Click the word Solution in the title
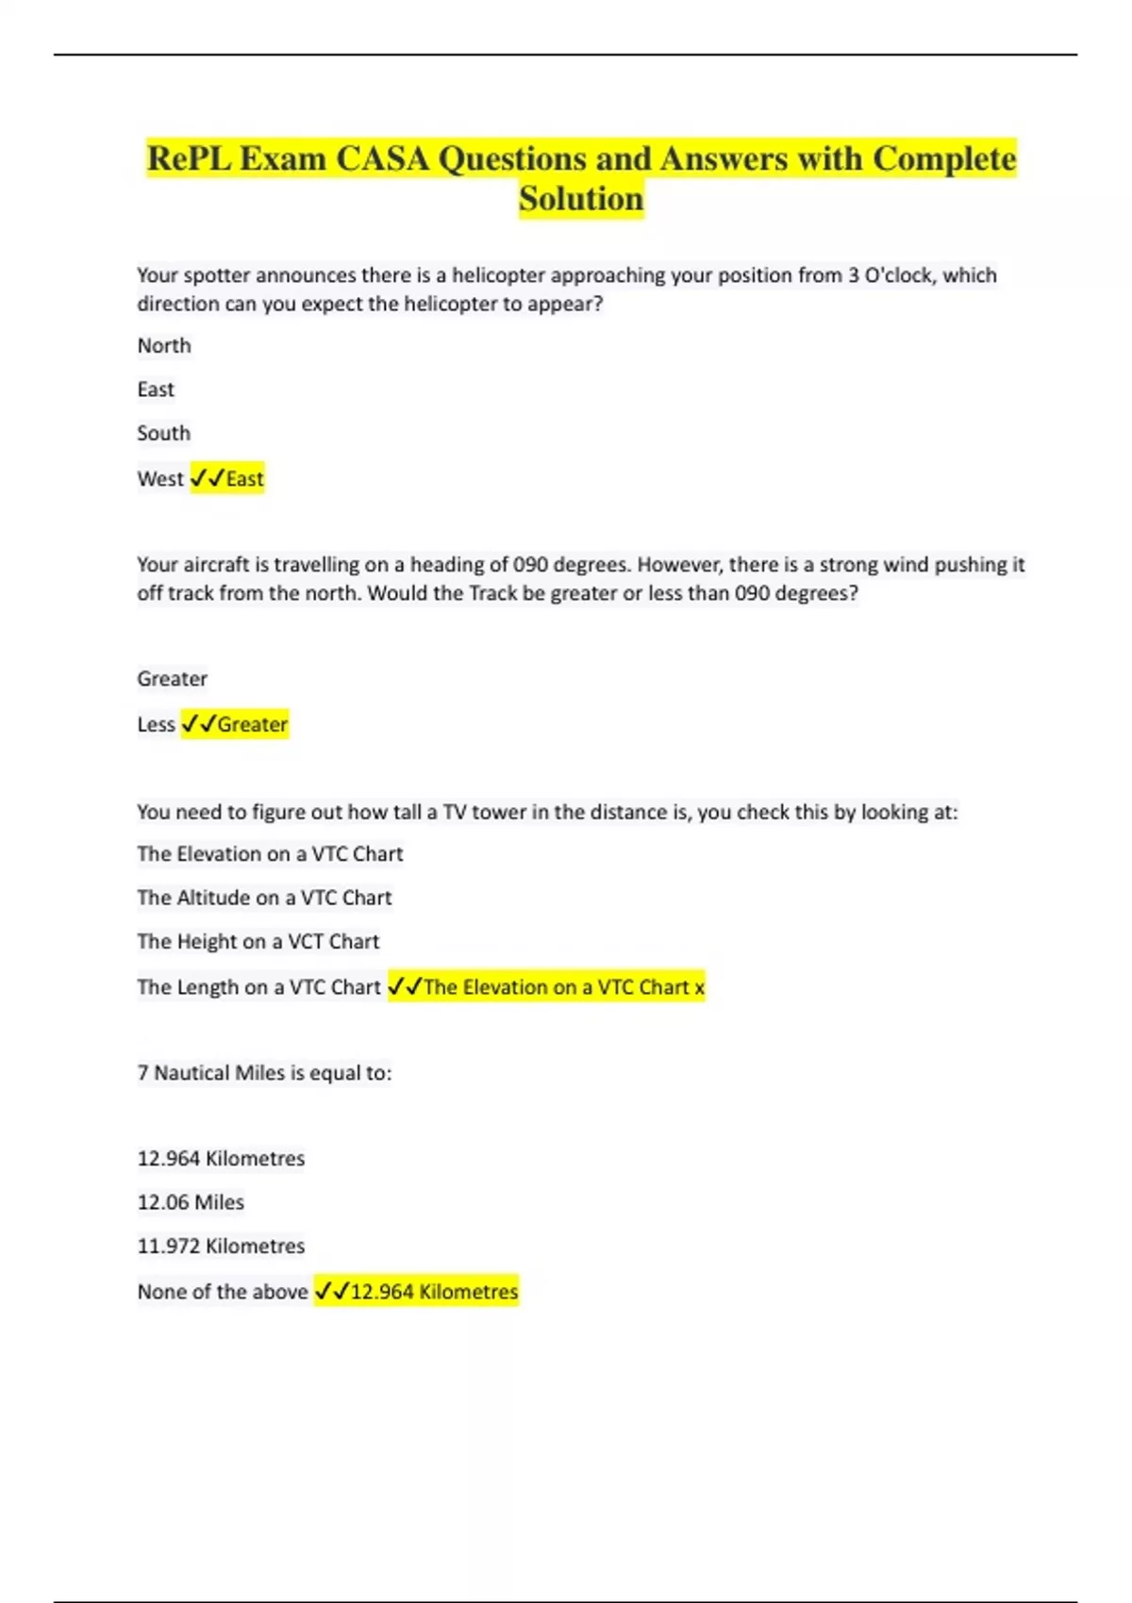click(x=581, y=199)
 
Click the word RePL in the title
click(x=189, y=158)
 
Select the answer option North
click(x=164, y=346)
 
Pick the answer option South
click(x=164, y=434)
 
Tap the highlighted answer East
click(x=244, y=479)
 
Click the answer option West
click(x=160, y=479)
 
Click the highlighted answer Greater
click(x=252, y=724)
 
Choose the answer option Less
click(x=156, y=724)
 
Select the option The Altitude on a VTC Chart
click(x=264, y=898)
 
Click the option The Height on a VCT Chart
click(x=258, y=941)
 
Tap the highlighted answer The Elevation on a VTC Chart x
click(x=563, y=987)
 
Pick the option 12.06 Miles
click(x=191, y=1202)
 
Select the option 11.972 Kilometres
click(x=221, y=1246)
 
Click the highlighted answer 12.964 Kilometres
click(x=433, y=1292)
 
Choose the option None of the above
click(x=223, y=1292)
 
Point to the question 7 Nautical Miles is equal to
click(x=264, y=1073)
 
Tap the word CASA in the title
click(x=382, y=158)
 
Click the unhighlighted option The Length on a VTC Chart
click(x=258, y=987)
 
